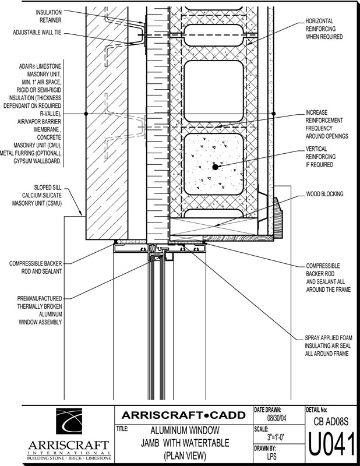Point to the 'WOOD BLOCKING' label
click(x=324, y=193)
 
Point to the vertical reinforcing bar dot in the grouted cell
click(x=215, y=167)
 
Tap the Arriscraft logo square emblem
click(x=82, y=423)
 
